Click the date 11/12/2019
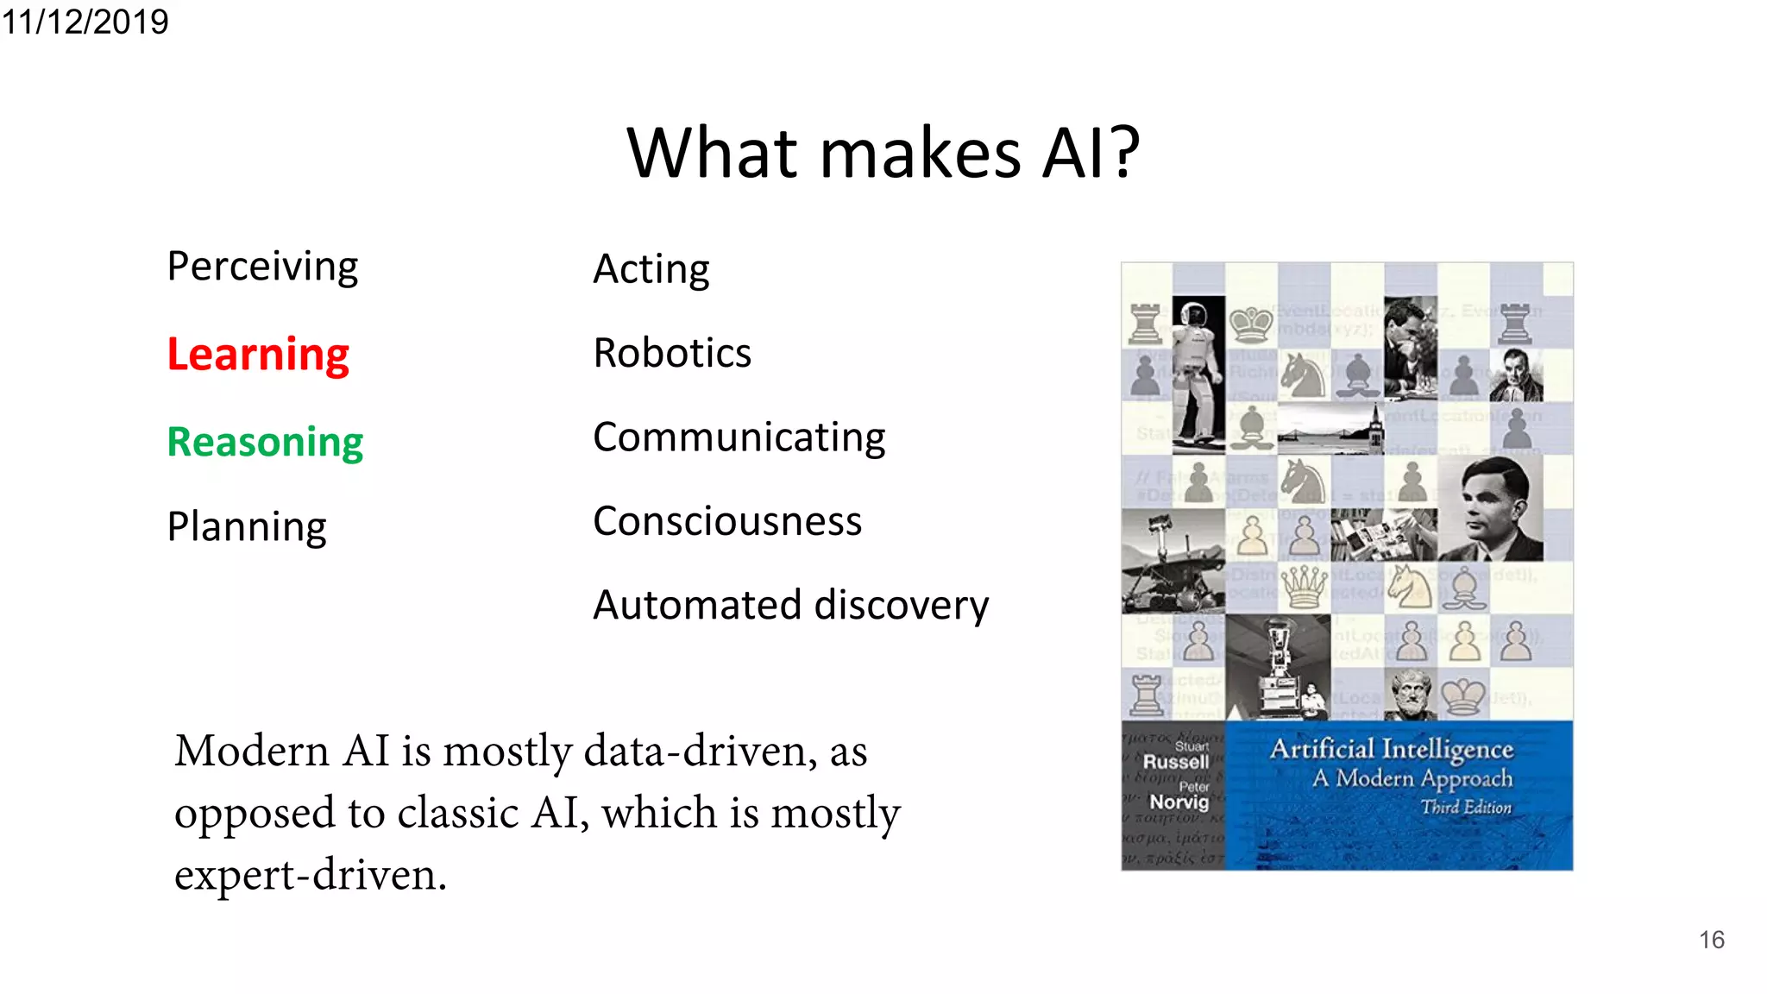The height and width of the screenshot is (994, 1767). coord(85,21)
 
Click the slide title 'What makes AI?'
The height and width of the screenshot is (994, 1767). coord(883,153)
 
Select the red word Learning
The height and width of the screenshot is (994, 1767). coord(258,354)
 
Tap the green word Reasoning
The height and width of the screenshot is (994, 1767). coord(265,442)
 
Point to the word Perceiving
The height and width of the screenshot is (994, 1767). coord(262,266)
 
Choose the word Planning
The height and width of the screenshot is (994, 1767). coord(247,526)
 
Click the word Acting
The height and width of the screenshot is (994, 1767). coord(651,269)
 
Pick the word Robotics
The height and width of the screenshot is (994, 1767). coord(672,353)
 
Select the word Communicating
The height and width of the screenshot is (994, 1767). coord(739,437)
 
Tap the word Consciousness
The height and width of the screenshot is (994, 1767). coord(727,521)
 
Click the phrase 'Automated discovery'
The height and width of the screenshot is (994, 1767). coord(790,605)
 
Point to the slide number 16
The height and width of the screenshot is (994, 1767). coord(1712,940)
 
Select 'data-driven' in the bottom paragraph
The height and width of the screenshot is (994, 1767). coord(699,751)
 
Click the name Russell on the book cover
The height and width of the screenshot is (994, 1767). coord(1175,762)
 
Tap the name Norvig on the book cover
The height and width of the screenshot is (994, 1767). coord(1179,802)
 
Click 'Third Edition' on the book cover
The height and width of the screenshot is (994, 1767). coord(1466,808)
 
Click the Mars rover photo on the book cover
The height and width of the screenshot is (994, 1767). coord(1173,561)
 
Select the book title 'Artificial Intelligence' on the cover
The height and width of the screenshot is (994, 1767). coord(1391,749)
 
